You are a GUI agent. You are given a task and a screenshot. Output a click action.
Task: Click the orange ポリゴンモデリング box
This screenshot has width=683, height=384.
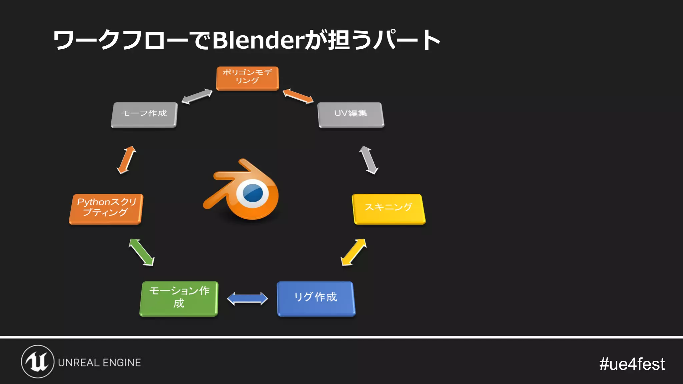pos(247,78)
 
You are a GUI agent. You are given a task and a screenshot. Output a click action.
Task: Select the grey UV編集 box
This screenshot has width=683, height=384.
pos(351,115)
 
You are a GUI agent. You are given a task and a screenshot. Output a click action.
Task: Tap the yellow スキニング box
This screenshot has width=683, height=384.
pos(389,209)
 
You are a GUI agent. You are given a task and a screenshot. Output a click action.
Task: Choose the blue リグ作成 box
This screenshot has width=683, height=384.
pos(316,299)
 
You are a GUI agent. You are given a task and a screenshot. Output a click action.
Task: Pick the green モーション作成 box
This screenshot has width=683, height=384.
pos(179,299)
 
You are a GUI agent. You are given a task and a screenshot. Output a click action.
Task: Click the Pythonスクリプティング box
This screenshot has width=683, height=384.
pos(106,209)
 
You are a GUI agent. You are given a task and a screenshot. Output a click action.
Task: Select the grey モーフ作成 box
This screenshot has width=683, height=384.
pos(144,115)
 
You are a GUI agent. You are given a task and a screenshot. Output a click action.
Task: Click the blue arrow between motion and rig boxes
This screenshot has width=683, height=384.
pos(247,299)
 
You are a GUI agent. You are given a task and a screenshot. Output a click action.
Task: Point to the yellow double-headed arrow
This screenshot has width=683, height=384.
pos(354,252)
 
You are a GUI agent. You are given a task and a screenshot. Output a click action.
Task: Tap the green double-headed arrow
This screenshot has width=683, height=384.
pos(142,252)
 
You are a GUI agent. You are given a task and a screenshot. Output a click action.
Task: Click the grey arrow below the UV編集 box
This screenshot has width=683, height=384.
pos(369,160)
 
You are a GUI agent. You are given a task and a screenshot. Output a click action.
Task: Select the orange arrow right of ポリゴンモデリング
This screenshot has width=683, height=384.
pos(298,96)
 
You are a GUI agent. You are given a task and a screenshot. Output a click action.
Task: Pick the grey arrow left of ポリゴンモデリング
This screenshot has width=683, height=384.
pos(197,96)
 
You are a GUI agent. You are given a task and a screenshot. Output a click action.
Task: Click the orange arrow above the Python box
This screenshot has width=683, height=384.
pos(126,160)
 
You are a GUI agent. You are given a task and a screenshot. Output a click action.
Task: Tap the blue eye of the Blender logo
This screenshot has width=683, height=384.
pos(252,193)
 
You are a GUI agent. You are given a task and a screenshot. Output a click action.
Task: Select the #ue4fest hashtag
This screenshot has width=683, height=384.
pos(632,364)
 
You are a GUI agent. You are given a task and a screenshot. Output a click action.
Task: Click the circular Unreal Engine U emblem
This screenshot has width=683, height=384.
pos(38,362)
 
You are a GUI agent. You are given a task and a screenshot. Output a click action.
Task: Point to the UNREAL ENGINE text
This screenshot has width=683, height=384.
pos(99,363)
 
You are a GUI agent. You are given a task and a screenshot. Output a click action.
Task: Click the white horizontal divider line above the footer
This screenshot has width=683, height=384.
pos(341,337)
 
